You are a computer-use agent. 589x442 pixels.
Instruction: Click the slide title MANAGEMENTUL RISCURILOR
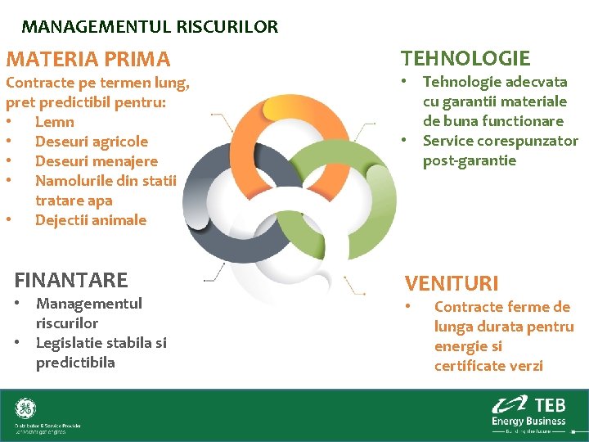tap(150, 26)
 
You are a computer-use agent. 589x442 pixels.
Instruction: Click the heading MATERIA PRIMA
tap(88, 59)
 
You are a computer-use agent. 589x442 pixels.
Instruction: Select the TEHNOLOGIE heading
tap(465, 58)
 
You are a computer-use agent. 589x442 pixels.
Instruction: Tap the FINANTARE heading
tap(71, 280)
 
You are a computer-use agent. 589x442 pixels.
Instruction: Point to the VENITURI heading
tap(452, 283)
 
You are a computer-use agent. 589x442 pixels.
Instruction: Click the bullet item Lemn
tap(55, 122)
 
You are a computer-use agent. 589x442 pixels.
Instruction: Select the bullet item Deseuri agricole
tap(92, 142)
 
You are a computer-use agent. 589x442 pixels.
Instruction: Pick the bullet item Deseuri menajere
tap(97, 161)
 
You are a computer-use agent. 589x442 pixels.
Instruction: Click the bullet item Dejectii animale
tap(91, 220)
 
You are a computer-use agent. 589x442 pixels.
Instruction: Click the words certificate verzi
tap(488, 366)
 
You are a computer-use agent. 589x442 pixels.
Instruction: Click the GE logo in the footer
tap(25, 408)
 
